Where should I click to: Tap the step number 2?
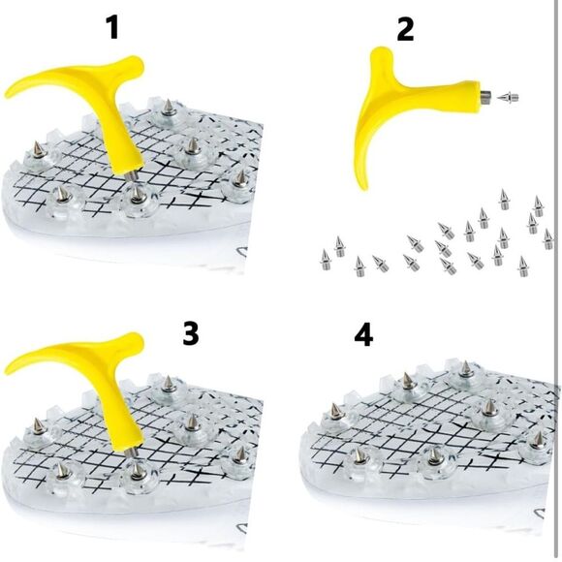405,28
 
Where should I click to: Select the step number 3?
190,333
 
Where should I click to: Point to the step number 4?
363,335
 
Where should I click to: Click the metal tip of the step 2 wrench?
485,96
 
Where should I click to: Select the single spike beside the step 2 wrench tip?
508,97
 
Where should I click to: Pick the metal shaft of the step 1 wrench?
133,176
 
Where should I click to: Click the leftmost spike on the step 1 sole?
37,150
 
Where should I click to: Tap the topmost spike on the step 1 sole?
168,108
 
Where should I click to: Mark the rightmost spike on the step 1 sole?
239,177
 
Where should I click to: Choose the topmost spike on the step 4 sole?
465,369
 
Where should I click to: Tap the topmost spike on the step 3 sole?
168,384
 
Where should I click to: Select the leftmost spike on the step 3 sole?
38,426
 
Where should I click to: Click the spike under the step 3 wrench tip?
137,470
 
